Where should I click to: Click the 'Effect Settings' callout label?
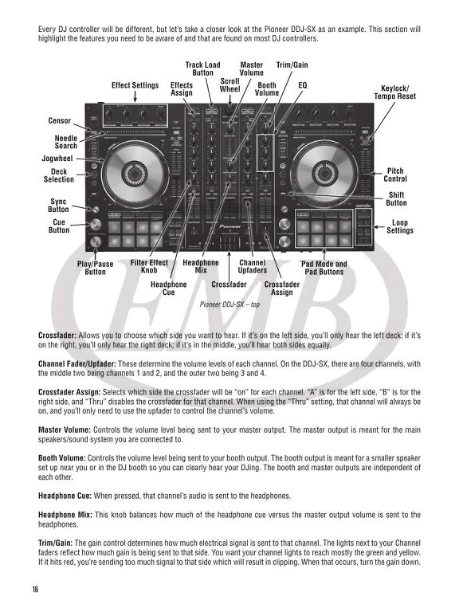(x=135, y=85)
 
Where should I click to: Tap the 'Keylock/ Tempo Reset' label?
(x=395, y=92)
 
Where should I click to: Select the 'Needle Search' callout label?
(x=66, y=142)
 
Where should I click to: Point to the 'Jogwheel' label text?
(x=57, y=159)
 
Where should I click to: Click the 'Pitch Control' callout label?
(x=395, y=175)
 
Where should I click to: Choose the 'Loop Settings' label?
(x=400, y=226)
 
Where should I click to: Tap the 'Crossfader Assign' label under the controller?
(x=282, y=288)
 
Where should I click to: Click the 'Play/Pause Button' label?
(x=96, y=268)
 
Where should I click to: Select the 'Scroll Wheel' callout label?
(x=229, y=85)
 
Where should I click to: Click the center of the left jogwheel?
(x=132, y=173)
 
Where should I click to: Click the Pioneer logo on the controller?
(x=229, y=226)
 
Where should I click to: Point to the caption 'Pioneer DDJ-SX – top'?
(x=229, y=304)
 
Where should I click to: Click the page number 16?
(x=36, y=590)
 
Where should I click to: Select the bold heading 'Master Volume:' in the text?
(x=65, y=430)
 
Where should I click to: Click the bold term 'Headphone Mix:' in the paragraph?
(x=65, y=515)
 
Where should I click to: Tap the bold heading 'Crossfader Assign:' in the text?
(x=69, y=392)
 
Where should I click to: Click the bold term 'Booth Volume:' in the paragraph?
(x=61, y=458)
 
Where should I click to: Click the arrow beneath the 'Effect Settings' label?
(x=135, y=96)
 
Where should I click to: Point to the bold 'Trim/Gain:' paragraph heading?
(x=56, y=543)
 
